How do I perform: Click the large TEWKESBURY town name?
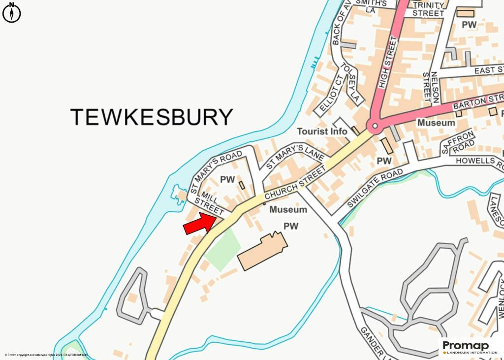point(151,117)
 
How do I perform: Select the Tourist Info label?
point(322,131)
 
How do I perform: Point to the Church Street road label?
point(295,182)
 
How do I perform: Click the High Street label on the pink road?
point(387,64)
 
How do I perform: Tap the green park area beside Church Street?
point(222,249)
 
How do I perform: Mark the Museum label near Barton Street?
point(436,122)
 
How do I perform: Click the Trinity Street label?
point(428,9)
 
